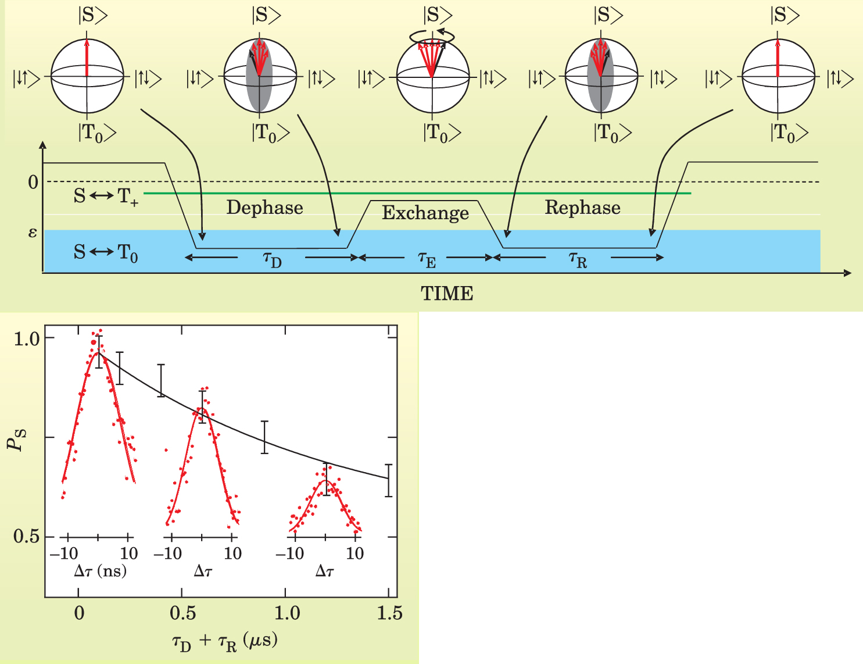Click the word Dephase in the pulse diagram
tap(264, 208)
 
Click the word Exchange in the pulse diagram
tap(425, 213)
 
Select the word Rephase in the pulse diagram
tap(582, 208)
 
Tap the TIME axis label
tap(447, 294)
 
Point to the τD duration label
tap(272, 260)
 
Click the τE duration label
tap(427, 260)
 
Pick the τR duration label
tap(578, 260)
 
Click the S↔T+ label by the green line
tap(106, 197)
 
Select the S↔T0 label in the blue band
tap(106, 253)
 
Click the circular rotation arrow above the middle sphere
tap(432, 37)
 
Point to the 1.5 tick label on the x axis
tap(389, 612)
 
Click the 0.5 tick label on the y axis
tap(27, 537)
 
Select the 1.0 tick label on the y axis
tap(27, 338)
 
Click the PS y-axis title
tap(16, 438)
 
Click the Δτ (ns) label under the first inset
tap(101, 571)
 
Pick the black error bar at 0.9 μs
tap(264, 437)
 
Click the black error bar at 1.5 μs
tap(388, 480)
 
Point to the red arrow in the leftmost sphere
tap(87, 58)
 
